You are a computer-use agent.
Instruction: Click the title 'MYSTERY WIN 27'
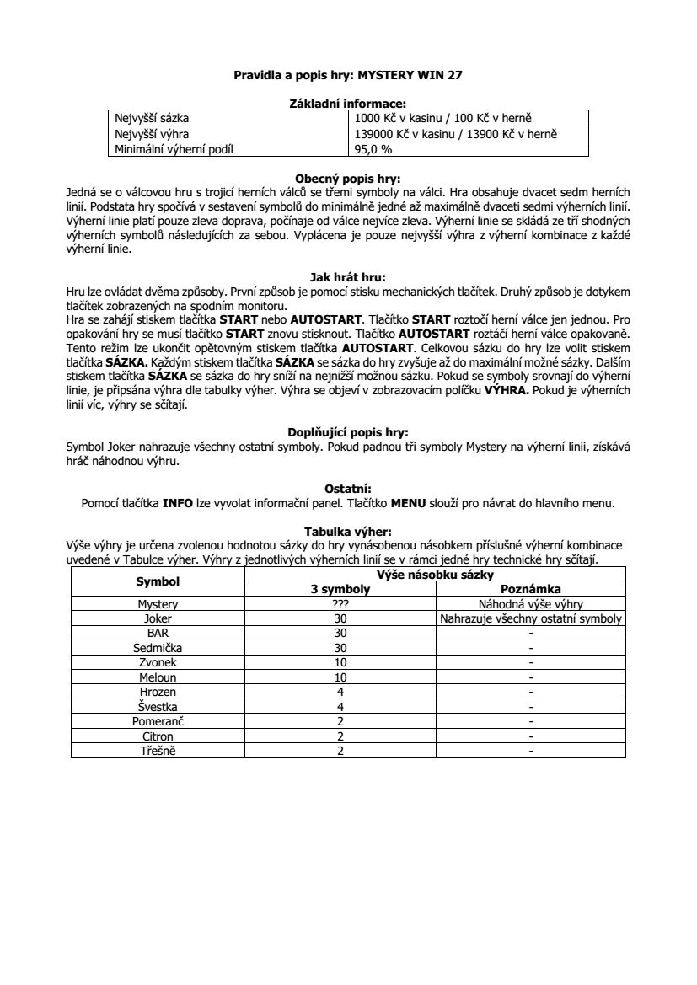410,75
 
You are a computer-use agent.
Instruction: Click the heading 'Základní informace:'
348,104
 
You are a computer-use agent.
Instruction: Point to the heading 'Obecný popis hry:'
348,179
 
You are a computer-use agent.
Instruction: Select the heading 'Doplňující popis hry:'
348,432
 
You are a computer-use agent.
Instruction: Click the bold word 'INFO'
178,503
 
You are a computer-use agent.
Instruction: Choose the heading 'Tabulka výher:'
348,531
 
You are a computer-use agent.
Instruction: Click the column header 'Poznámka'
531,589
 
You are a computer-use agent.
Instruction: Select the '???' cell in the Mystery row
340,604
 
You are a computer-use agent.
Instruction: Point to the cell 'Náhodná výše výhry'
531,604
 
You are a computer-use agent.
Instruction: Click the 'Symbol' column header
158,581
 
